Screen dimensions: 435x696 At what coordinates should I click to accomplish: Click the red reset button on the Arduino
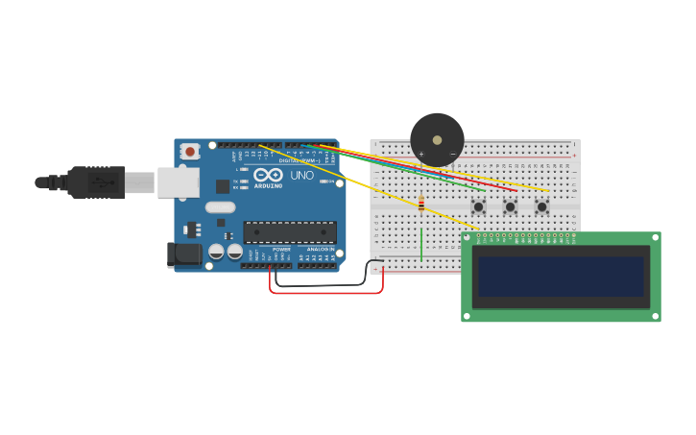pos(190,151)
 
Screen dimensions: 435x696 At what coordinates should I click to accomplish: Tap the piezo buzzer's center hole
pos(438,140)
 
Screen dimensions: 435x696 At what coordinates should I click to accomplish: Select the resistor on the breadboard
pos(420,204)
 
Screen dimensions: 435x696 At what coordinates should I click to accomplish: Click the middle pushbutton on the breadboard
pos(510,206)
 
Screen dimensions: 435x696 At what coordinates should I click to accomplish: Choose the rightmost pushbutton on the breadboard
pos(541,206)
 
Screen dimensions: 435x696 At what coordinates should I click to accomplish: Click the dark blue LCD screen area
pos(562,276)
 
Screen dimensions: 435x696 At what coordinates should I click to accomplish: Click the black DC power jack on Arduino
pos(183,254)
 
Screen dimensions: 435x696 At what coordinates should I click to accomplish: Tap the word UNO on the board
pos(301,176)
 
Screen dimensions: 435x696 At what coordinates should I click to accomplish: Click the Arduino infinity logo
pos(269,176)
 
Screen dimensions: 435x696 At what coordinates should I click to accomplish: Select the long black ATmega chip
pos(290,231)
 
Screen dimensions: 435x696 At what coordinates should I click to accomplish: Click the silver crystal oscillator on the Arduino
pos(220,206)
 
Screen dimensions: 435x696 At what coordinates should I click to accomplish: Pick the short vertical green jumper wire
pos(420,244)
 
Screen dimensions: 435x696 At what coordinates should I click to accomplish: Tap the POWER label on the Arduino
pos(268,250)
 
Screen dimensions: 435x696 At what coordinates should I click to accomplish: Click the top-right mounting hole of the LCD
pos(655,238)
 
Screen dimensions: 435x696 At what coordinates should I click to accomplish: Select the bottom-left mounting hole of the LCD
pos(468,315)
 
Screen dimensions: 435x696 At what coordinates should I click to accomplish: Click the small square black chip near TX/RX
pos(223,186)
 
